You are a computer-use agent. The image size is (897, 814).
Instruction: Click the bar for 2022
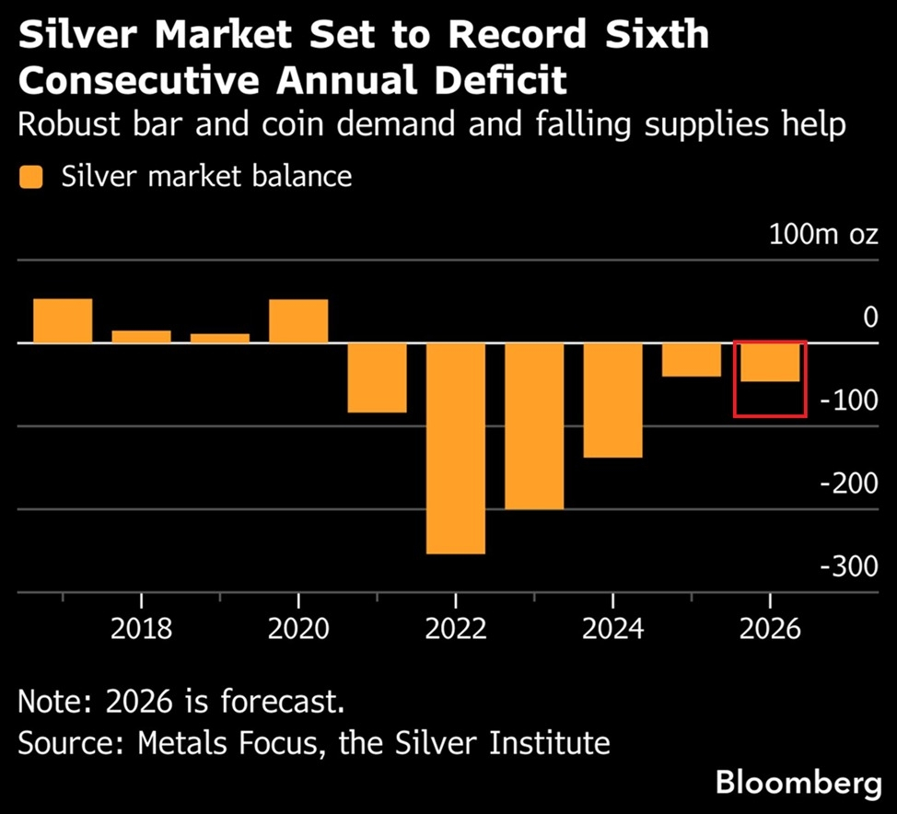click(x=456, y=448)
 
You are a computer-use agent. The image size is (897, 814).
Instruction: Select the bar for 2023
click(x=534, y=425)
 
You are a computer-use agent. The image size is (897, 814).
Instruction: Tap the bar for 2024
click(x=612, y=400)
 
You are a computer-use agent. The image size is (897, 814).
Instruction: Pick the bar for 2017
click(x=63, y=320)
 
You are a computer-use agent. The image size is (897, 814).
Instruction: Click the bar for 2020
click(x=298, y=320)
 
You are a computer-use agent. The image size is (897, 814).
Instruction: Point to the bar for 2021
click(x=377, y=378)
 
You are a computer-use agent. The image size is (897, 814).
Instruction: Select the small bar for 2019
click(x=220, y=338)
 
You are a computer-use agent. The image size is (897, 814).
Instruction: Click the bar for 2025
click(x=691, y=359)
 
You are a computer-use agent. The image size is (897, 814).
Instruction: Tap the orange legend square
click(x=31, y=176)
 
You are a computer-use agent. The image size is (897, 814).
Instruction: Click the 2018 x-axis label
click(x=141, y=630)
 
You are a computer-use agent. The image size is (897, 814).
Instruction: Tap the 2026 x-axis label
click(x=770, y=630)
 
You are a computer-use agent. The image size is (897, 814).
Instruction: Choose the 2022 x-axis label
click(x=456, y=630)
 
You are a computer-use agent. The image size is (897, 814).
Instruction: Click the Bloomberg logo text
click(x=798, y=785)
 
